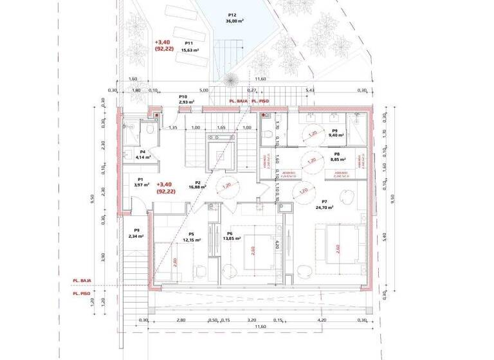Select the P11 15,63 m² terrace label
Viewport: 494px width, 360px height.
[188, 46]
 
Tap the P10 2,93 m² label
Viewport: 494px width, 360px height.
[187, 99]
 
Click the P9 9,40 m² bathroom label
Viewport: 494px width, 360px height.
[336, 133]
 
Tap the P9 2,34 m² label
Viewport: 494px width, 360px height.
[136, 233]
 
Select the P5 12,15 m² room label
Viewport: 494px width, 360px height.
[191, 237]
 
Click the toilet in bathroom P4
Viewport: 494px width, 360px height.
[149, 130]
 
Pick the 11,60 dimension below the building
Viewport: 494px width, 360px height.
[260, 327]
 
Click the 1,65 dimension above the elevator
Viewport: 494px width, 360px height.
[221, 128]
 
